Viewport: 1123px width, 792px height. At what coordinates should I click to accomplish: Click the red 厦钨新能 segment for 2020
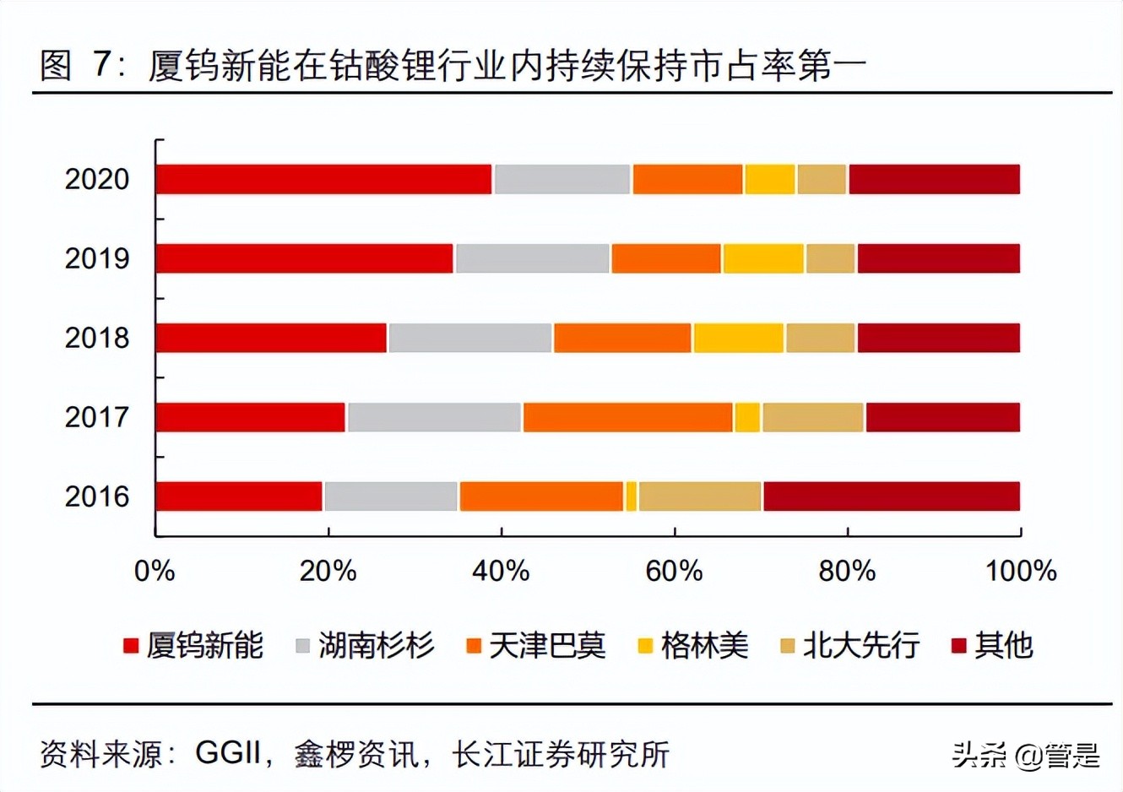tap(324, 180)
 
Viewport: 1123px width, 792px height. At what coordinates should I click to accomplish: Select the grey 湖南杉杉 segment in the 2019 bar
tap(532, 258)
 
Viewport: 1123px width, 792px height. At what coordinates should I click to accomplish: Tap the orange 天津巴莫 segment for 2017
tap(627, 417)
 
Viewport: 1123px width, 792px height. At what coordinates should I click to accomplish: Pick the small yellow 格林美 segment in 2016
tap(631, 496)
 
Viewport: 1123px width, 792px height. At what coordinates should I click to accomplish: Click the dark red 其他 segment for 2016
tap(891, 496)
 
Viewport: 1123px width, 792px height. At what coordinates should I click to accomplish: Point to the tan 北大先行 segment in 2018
tap(820, 338)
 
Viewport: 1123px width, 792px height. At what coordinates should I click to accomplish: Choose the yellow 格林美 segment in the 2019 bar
tap(763, 258)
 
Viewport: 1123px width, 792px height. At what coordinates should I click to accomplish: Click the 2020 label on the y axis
tap(97, 180)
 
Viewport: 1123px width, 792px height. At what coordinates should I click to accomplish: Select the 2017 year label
tap(97, 417)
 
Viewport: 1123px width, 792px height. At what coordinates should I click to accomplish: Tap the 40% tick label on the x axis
tap(501, 572)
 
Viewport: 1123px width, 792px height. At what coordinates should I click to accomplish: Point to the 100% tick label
tap(1020, 572)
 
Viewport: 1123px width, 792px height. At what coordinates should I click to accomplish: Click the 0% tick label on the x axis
tap(155, 572)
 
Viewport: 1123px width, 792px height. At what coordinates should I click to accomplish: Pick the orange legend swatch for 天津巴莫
tap(474, 647)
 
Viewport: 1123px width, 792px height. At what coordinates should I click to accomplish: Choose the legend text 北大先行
tap(860, 646)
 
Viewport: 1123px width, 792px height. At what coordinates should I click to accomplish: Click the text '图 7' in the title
tap(76, 65)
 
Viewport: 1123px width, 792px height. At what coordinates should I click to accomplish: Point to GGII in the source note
tap(227, 752)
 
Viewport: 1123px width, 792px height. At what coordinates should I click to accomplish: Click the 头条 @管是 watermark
tap(1025, 754)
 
